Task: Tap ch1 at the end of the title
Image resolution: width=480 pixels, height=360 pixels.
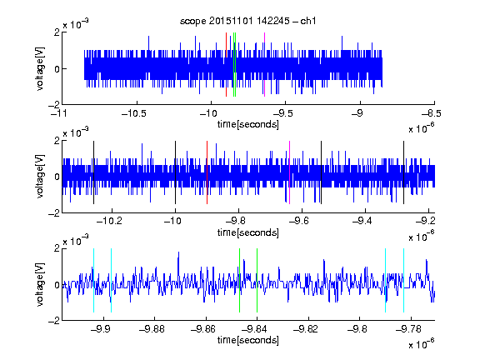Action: (308, 21)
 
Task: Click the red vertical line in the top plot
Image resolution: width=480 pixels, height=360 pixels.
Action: (226, 65)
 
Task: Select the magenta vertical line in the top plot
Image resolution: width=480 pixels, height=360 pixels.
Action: (264, 65)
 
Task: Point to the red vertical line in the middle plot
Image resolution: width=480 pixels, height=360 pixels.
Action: (207, 172)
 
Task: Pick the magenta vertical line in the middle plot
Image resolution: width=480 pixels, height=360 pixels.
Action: (290, 172)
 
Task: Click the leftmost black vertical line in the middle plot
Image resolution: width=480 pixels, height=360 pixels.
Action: (93, 172)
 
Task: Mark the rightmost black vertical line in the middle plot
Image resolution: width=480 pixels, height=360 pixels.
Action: (403, 172)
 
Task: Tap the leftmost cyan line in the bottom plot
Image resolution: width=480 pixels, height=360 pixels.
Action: (93, 280)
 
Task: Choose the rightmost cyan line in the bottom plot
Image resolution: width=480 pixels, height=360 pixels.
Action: (403, 280)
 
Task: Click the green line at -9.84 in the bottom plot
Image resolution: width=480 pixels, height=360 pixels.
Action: (257, 280)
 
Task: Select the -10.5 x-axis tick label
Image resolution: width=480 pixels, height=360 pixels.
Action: (134, 113)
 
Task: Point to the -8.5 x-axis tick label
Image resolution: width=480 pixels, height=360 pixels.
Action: (432, 113)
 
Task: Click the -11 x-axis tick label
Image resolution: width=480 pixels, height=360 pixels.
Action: (58, 113)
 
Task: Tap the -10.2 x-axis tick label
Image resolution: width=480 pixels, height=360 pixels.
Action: (109, 220)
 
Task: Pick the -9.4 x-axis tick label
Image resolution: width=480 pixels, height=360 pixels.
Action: (362, 220)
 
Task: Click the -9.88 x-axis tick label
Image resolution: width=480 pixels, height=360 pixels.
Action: (152, 329)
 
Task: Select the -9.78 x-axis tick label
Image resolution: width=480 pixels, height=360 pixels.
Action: (408, 329)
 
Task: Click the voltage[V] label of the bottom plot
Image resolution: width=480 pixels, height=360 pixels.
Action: (40, 285)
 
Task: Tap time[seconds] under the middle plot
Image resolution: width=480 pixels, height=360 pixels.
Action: (248, 232)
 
